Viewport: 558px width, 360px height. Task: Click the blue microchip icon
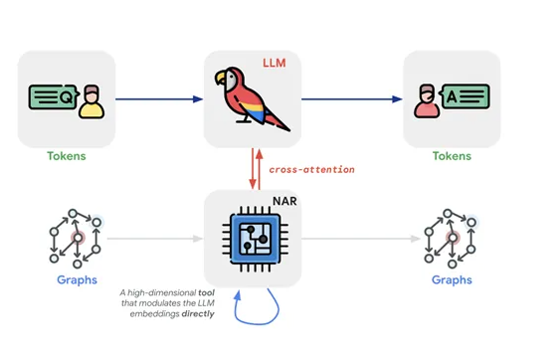(252, 240)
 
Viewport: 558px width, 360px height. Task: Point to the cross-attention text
(311, 169)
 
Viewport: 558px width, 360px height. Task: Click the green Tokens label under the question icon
(67, 156)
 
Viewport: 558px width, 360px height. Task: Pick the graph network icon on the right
(451, 239)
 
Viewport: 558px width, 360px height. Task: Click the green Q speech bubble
(52, 97)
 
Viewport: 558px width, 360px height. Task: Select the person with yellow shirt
(91, 102)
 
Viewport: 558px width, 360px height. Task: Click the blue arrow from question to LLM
(159, 98)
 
